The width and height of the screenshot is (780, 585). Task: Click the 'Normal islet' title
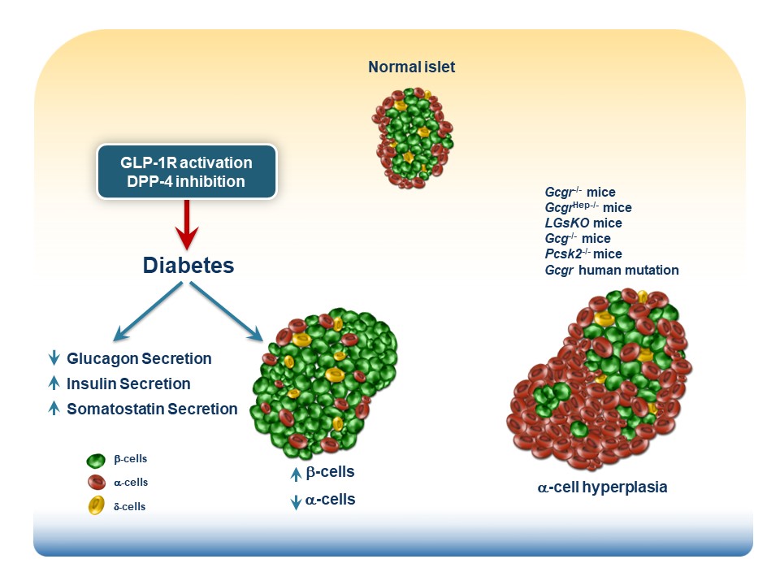tap(411, 67)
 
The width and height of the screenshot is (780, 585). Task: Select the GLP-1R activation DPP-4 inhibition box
tap(187, 171)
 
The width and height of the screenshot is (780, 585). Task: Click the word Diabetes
tap(188, 266)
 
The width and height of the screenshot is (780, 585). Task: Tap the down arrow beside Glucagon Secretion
tap(54, 358)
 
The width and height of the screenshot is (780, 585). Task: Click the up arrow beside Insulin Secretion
tap(54, 383)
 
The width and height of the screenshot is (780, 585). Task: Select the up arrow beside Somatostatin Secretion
tap(54, 409)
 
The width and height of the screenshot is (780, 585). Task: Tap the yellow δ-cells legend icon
tap(95, 506)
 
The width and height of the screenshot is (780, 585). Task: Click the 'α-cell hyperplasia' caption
tap(602, 488)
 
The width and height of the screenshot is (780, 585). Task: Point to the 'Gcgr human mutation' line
tap(611, 270)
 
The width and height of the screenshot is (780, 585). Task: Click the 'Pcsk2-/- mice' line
tap(583, 254)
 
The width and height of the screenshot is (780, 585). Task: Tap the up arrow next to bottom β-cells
tap(296, 473)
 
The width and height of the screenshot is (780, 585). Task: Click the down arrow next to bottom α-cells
tap(296, 501)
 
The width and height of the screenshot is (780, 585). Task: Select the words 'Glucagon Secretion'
tap(139, 358)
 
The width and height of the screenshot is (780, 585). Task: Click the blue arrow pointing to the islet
tap(227, 313)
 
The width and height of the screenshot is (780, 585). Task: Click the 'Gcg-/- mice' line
tap(577, 238)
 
